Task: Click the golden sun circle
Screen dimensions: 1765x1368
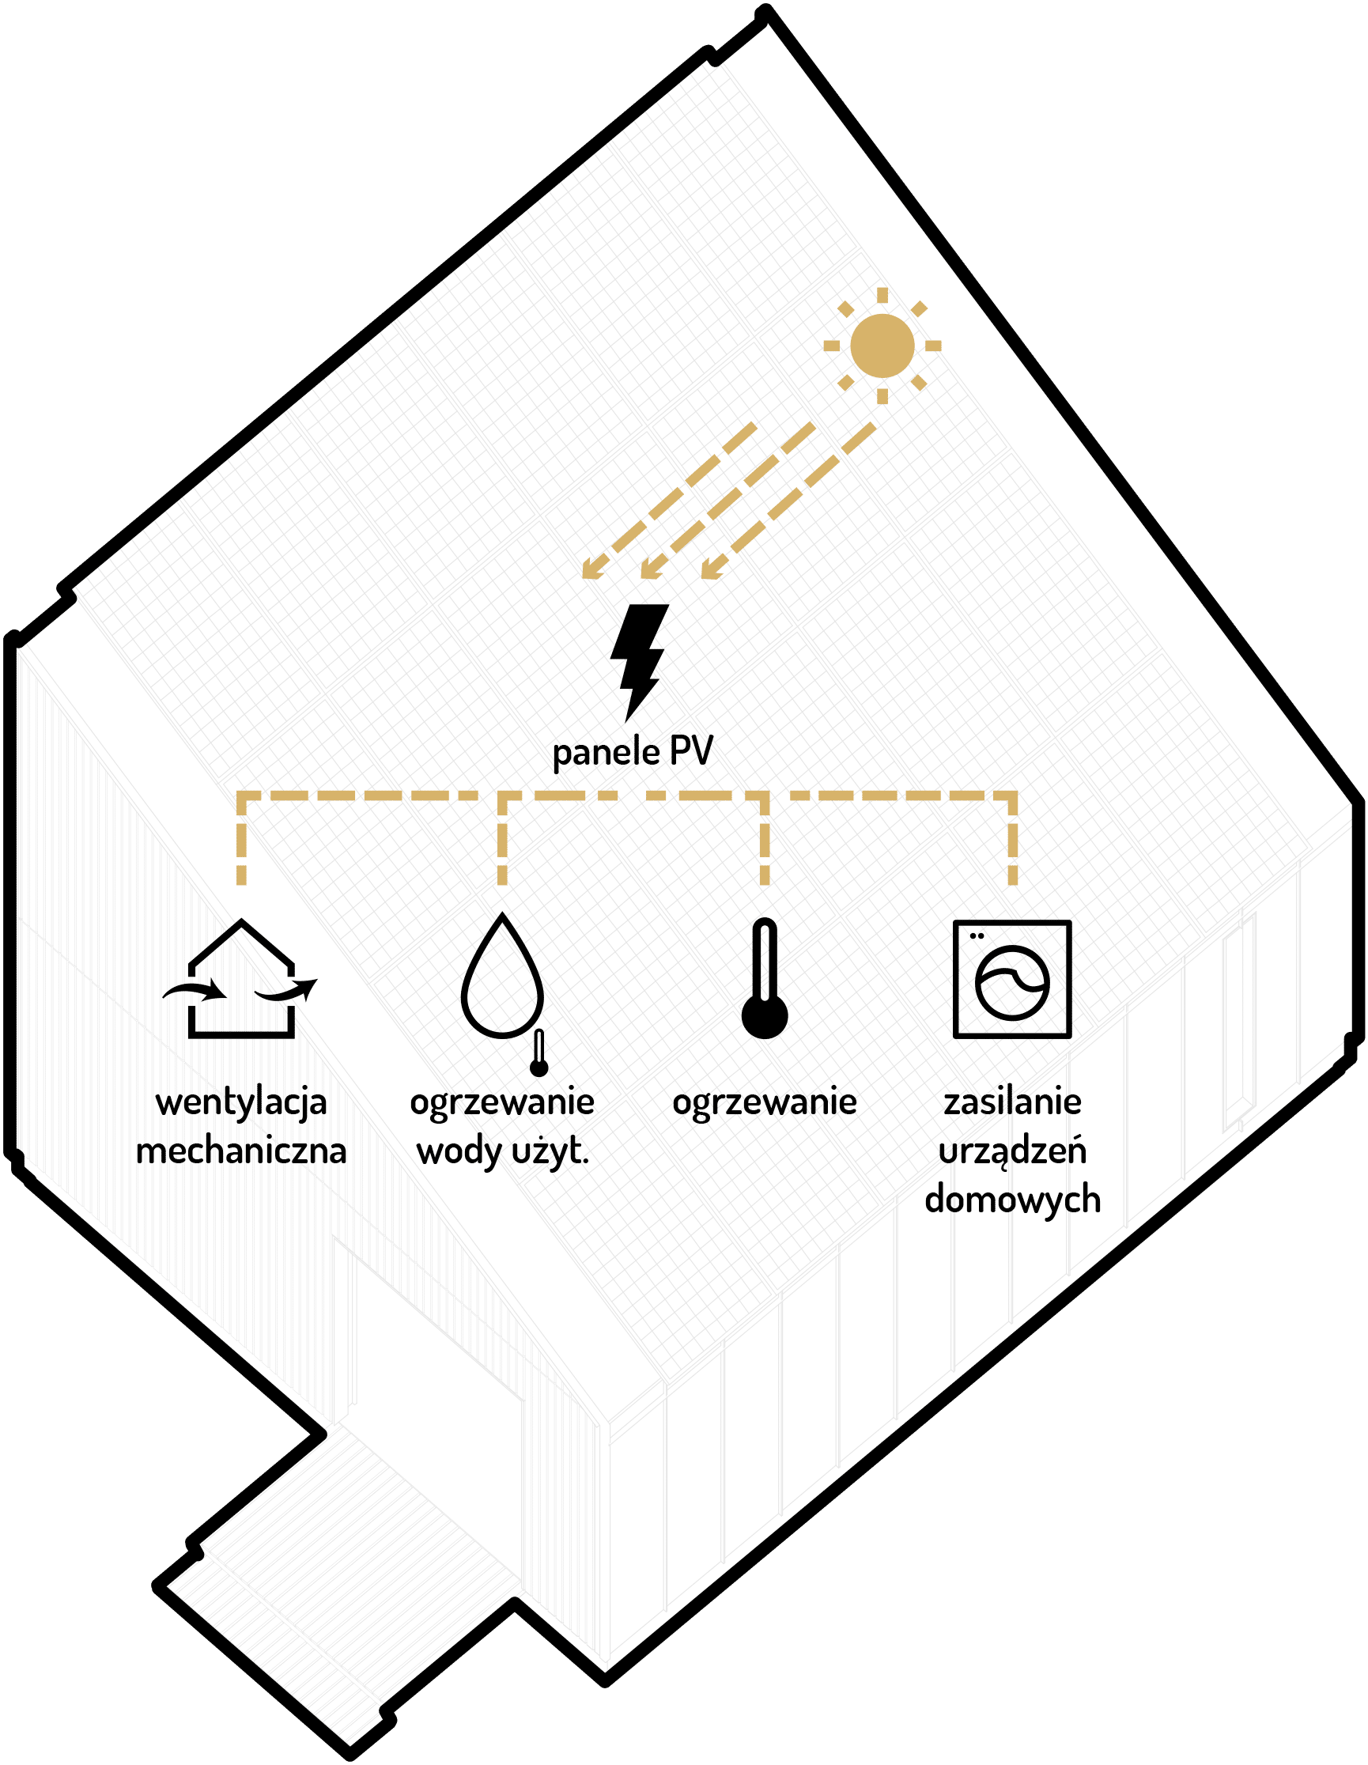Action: click(882, 346)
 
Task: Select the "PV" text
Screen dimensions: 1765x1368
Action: click(691, 751)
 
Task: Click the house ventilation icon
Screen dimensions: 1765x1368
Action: click(241, 979)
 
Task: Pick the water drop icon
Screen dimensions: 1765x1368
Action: click(502, 976)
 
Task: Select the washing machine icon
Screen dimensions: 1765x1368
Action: click(1011, 979)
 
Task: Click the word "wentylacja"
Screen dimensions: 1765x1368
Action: click(241, 1103)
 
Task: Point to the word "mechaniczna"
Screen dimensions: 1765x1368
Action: click(241, 1151)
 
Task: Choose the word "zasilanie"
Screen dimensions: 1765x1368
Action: click(1011, 1102)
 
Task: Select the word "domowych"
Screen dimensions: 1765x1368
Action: click(1011, 1200)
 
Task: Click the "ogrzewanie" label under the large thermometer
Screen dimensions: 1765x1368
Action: click(765, 1103)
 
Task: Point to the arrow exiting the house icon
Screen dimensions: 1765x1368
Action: click(287, 989)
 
